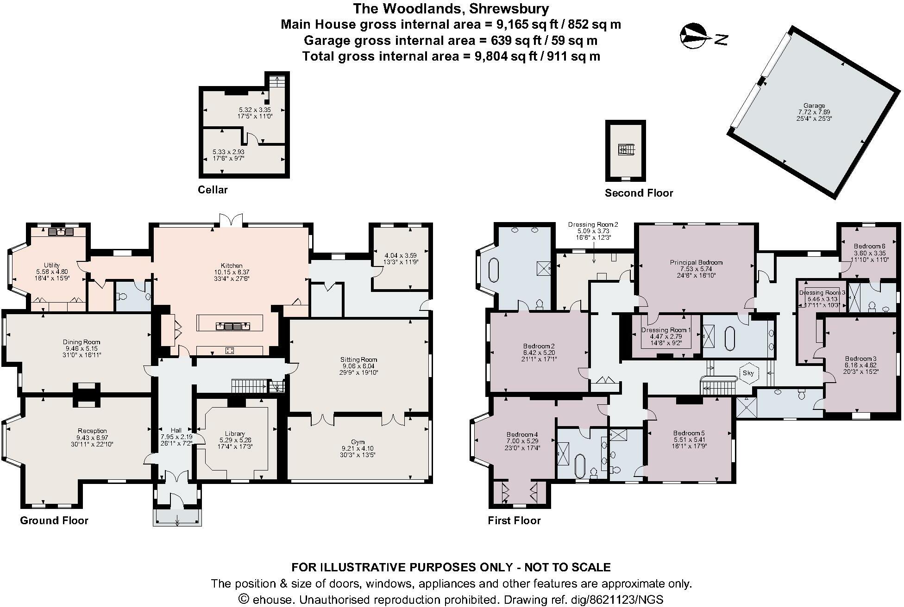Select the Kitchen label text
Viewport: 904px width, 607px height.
232,266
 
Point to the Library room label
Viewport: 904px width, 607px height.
235,434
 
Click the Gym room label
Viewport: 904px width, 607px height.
358,442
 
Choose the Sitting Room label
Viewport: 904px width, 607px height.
359,359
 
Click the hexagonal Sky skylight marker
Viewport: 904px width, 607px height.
748,373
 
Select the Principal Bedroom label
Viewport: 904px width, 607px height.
696,262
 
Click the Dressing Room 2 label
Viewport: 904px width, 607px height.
593,224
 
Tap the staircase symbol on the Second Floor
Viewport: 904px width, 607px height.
625,150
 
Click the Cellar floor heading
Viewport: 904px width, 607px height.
213,190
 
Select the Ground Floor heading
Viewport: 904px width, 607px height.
54,520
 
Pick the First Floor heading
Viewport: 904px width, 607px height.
514,520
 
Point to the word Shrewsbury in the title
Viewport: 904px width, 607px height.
509,8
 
